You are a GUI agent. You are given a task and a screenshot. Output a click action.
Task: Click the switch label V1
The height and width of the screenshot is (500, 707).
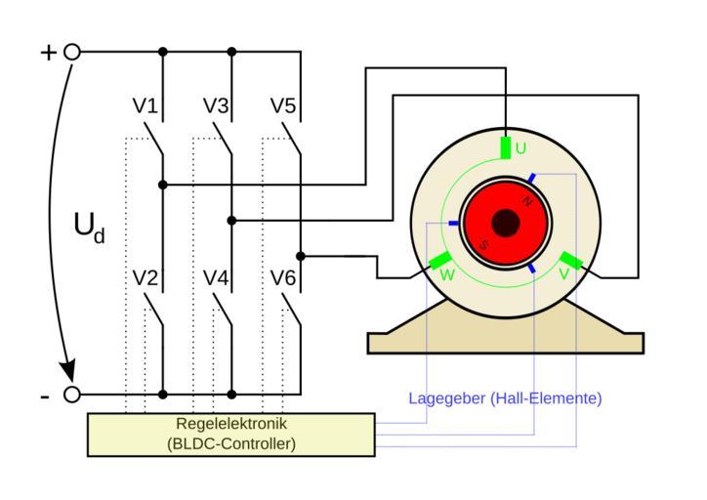[145, 105]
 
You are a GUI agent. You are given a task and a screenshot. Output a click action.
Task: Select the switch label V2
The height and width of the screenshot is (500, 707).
[145, 278]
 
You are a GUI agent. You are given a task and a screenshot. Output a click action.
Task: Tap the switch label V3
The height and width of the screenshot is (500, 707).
[216, 105]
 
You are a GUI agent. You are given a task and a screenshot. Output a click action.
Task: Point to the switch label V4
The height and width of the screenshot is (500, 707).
[216, 278]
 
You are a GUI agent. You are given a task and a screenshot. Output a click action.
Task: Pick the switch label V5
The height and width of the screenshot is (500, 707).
[283, 105]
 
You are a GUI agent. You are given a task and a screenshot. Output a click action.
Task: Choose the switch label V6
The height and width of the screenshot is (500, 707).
[283, 278]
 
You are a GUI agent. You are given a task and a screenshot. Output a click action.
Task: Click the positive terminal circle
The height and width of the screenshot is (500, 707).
[71, 52]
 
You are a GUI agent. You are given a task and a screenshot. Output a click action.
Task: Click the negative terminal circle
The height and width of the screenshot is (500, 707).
[71, 395]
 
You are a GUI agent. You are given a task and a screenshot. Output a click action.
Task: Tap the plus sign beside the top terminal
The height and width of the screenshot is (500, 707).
[48, 52]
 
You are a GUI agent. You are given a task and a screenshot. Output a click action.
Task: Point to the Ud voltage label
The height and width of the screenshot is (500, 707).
[88, 227]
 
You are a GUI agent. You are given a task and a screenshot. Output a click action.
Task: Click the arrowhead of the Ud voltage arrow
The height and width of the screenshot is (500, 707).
[68, 373]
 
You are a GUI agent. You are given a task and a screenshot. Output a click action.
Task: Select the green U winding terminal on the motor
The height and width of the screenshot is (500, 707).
[505, 147]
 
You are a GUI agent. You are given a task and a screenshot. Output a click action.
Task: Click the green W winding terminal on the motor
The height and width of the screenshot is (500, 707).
[440, 262]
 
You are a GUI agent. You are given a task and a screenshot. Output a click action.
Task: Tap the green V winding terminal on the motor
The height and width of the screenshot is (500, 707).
[570, 262]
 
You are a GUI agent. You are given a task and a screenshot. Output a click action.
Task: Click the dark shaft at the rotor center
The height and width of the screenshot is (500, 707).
[505, 224]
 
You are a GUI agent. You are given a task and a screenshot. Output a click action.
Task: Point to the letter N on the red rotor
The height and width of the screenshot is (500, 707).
[527, 201]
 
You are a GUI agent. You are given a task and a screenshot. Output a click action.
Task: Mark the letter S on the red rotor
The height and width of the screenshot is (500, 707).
[482, 244]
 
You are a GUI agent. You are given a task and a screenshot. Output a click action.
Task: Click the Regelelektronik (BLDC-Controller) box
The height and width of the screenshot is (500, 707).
[231, 434]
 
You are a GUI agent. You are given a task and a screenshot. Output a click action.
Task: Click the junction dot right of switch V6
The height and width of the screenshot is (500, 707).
[301, 256]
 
